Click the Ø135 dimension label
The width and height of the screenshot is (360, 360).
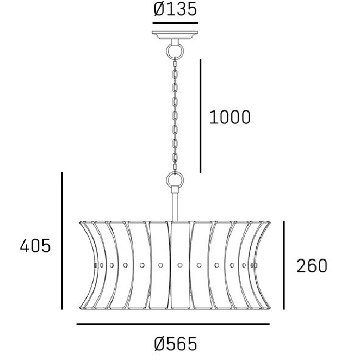[175, 9]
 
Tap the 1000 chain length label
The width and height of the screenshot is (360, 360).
[230, 117]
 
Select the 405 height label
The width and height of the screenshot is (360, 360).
[35, 246]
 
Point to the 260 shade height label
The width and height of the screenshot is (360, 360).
[312, 266]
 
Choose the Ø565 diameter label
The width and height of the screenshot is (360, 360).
[175, 344]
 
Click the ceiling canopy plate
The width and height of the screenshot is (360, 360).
[175, 35]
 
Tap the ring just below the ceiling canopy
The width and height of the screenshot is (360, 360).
[175, 51]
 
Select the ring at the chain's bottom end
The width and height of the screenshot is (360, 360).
[175, 180]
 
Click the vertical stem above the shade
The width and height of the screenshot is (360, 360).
[175, 204]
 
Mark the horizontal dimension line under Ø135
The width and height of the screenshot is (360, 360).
[175, 23]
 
